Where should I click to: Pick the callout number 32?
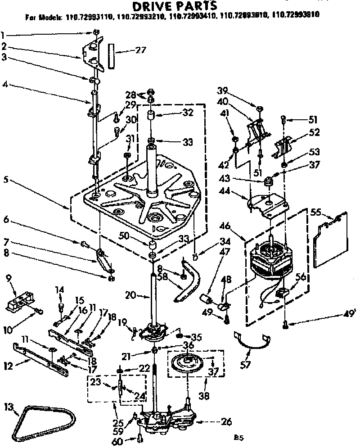pos(188,113)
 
